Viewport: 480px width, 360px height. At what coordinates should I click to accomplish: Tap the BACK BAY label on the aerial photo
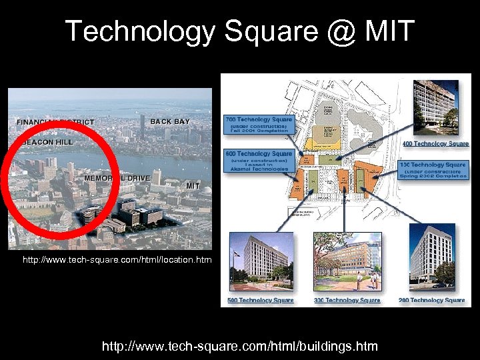click(x=170, y=121)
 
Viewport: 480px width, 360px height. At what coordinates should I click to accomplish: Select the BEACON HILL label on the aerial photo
click(x=47, y=142)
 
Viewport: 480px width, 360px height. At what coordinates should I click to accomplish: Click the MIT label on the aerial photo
click(x=193, y=185)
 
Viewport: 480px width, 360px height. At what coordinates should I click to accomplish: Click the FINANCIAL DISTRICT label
click(x=55, y=123)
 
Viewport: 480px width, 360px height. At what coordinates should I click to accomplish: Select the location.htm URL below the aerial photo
click(x=117, y=259)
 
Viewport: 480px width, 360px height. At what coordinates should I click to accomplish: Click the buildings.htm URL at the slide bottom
click(x=239, y=346)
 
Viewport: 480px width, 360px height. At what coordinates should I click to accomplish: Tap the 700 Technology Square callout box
click(x=257, y=125)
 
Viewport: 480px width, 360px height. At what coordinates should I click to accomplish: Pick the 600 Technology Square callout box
click(x=259, y=161)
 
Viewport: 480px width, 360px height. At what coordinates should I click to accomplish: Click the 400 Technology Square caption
click(x=435, y=143)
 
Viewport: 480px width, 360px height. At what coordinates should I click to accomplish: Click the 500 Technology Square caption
click(x=260, y=300)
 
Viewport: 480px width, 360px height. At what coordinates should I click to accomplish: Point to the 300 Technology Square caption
click(x=347, y=300)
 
